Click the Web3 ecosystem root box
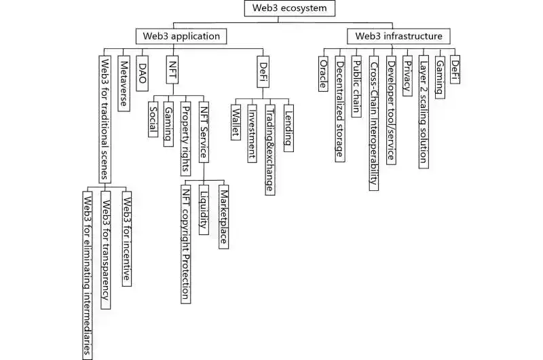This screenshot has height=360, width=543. coord(282,10)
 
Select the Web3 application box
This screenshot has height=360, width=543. coord(181,36)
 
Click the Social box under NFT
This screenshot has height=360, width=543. coord(153,122)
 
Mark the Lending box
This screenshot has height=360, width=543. coord(288,128)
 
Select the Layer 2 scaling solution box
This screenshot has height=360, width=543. coord(424,110)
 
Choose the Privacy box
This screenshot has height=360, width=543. coord(407,77)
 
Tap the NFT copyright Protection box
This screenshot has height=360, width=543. coord(186,241)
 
